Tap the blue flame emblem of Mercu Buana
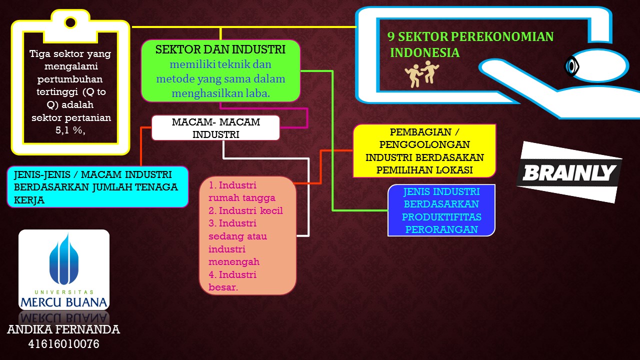pos(64,259)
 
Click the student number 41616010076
pos(63,344)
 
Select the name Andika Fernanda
pos(63,329)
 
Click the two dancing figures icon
pos(421,74)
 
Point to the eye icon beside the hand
pos(571,66)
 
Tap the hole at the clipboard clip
pos(70,22)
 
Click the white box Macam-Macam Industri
pos(215,127)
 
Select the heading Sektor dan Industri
pos(220,49)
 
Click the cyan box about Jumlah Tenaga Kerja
pos(97,187)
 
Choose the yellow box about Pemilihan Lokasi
pos(424,151)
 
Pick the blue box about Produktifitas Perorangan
pos(441,210)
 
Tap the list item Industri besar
pos(232,281)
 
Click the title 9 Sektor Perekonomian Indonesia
pos(470,44)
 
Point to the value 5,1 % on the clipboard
pos(70,130)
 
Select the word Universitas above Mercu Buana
pos(64,292)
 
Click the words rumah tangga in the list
pos(242,197)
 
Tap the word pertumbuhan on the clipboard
pos(70,79)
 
